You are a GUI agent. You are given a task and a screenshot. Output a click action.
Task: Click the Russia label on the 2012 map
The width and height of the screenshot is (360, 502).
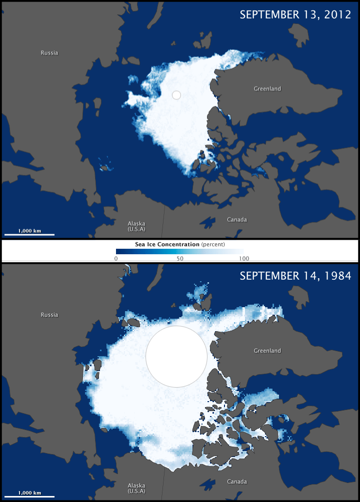click(49, 53)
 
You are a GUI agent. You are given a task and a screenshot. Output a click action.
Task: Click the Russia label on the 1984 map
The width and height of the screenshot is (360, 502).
click(49, 315)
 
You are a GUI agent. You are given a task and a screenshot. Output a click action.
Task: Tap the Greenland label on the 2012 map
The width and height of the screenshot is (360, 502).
click(267, 89)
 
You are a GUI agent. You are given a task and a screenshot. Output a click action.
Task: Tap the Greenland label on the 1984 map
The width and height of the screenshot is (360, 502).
click(267, 351)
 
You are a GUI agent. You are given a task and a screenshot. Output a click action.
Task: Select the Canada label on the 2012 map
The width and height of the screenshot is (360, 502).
click(236, 220)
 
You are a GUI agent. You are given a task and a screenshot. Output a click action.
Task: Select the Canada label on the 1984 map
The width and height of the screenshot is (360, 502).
click(236, 482)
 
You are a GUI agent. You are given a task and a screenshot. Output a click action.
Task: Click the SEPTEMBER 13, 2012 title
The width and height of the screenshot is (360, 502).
click(294, 14)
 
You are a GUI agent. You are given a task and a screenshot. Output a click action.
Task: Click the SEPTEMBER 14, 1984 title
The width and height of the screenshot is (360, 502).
click(294, 276)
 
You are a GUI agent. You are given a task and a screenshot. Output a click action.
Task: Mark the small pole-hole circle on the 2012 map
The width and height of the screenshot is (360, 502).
click(176, 94)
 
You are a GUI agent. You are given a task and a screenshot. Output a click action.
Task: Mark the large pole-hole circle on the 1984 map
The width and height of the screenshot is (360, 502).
click(176, 356)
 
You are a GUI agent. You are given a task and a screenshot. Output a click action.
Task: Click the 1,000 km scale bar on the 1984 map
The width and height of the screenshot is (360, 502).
click(29, 496)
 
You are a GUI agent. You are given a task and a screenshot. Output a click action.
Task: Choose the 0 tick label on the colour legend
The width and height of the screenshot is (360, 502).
click(116, 258)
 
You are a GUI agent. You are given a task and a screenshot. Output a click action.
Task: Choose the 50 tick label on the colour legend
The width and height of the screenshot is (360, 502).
click(179, 258)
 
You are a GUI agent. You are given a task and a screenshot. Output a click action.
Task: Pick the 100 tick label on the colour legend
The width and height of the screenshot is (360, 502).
click(243, 258)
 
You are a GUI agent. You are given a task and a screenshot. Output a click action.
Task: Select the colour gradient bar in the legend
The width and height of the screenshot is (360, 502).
click(180, 252)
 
